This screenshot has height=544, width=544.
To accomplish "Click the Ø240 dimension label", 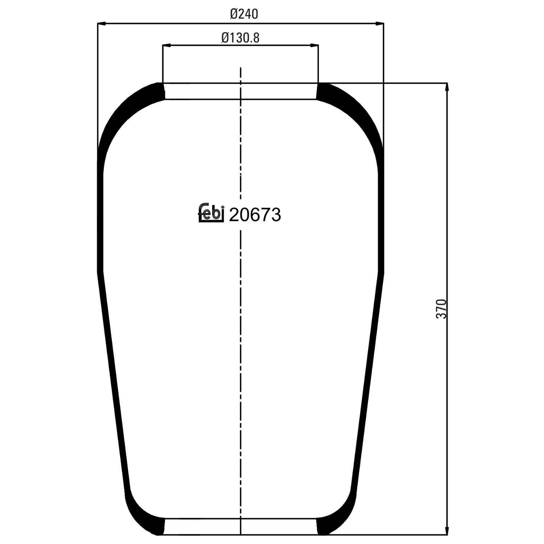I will coord(244,14).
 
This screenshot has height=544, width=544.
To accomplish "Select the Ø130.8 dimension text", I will coord(240,37).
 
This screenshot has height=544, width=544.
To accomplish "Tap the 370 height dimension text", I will coord(441,309).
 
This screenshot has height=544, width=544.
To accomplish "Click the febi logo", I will coord(211,213).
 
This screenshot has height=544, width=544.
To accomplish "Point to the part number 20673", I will coord(255,215).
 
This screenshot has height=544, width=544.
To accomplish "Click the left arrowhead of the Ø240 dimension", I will coord(102,24).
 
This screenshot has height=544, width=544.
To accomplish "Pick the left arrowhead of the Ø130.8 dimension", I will coord(166,45).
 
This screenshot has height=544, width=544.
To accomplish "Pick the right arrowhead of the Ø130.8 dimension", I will coord(314,45).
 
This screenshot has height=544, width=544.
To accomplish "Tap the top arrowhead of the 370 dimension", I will coord(447,87).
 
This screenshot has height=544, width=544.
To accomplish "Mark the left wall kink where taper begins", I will coord(100,272).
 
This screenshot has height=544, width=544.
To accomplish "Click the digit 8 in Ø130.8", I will coord(256,37).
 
